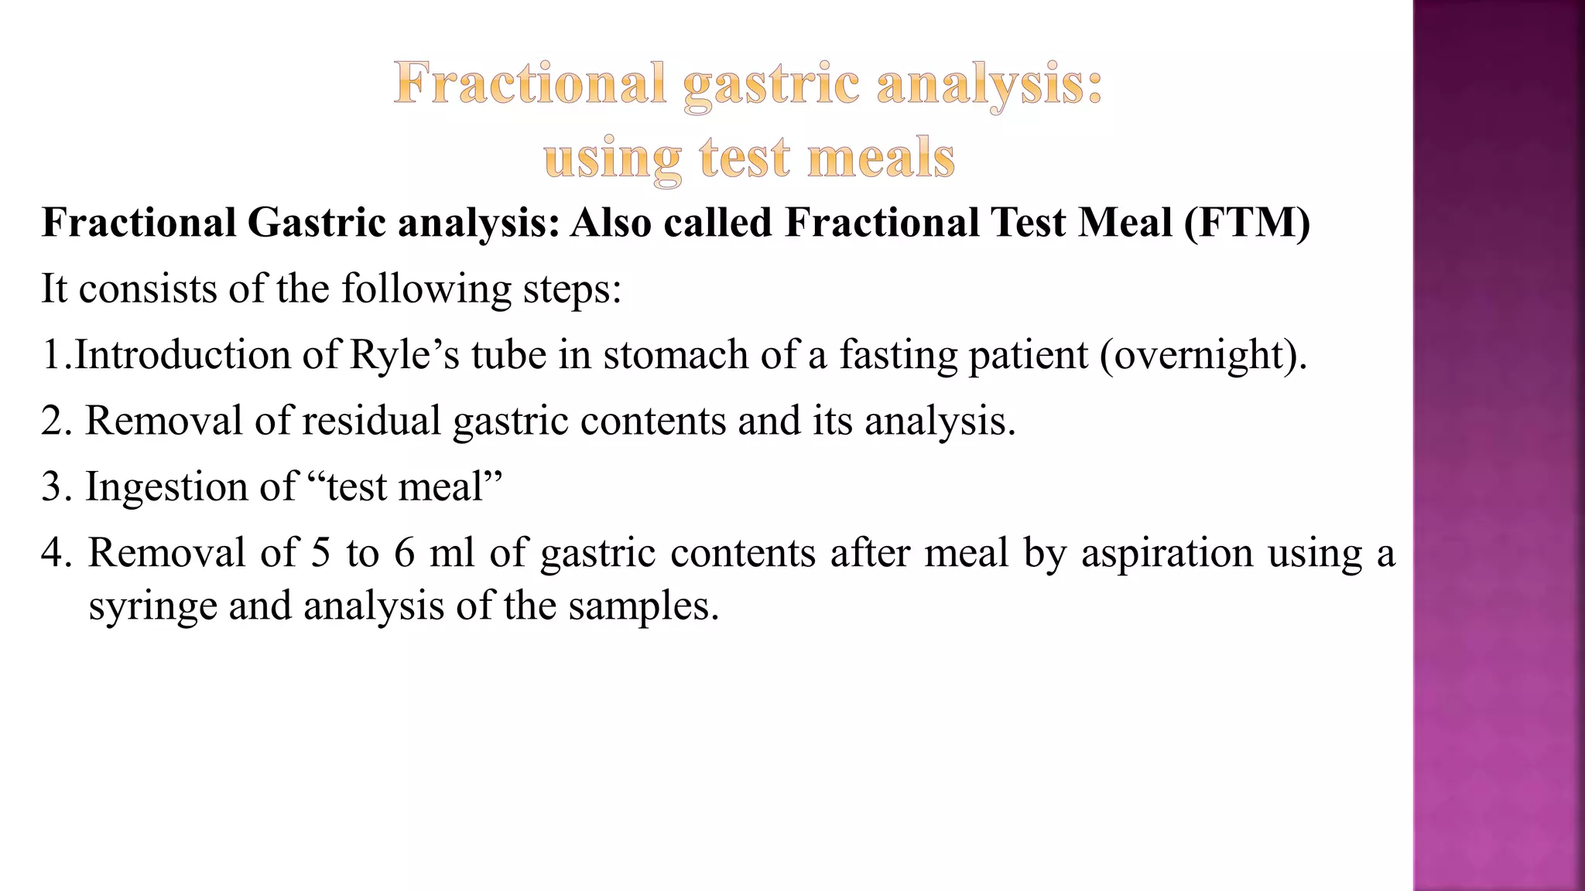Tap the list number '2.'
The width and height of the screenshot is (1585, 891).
point(56,421)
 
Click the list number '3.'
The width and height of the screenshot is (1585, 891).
point(56,486)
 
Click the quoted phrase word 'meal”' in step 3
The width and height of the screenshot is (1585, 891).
point(450,486)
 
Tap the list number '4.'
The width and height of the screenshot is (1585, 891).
point(56,553)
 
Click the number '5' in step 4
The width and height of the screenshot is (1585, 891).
point(320,553)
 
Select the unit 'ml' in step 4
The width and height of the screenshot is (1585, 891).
point(451,553)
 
